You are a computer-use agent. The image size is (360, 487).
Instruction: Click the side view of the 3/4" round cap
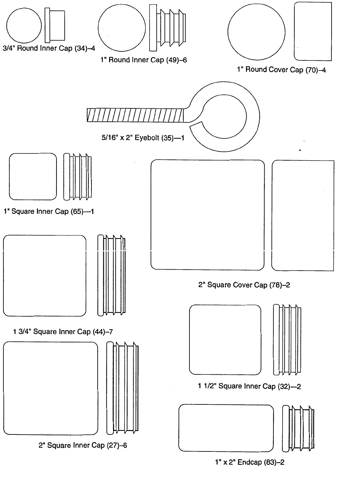click(55, 25)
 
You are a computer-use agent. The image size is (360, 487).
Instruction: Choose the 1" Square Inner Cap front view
click(33, 177)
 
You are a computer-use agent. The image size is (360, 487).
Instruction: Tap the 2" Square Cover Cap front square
click(207, 215)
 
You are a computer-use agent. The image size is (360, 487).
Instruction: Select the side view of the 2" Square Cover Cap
click(303, 215)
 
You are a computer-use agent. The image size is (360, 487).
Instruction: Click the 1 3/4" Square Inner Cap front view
click(44, 275)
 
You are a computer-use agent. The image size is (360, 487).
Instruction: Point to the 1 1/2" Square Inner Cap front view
click(225, 339)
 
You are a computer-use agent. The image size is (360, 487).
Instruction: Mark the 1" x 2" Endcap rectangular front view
click(226, 428)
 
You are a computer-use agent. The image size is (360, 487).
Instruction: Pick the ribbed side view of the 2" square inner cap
click(123, 388)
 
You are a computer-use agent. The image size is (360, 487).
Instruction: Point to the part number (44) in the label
click(99, 332)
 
